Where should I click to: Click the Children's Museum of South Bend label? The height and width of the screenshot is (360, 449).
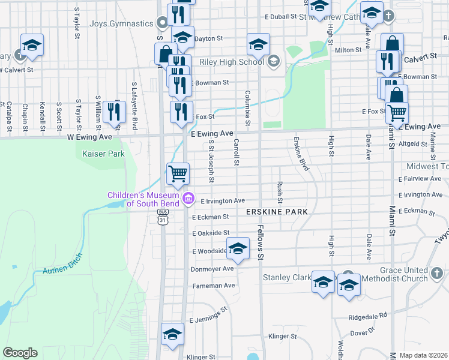click(144, 199)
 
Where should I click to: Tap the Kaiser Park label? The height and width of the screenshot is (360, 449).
click(103, 154)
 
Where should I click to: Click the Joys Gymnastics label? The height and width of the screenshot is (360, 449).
click(121, 24)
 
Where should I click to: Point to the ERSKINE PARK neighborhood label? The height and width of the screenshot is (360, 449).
click(277, 212)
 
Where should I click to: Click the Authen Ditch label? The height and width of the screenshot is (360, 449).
click(62, 263)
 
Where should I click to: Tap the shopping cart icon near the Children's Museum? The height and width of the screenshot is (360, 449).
click(178, 174)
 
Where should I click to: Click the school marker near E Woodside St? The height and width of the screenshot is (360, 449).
click(238, 250)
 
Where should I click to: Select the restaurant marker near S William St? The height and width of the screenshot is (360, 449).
click(112, 112)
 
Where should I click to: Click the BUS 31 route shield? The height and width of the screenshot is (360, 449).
click(163, 217)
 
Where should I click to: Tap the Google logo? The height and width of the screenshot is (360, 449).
click(20, 352)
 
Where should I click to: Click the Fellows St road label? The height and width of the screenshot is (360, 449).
click(261, 246)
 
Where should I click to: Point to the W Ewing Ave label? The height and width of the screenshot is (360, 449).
click(89, 137)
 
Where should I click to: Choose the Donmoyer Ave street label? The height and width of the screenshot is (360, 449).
click(212, 269)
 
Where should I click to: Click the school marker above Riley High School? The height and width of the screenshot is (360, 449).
click(259, 44)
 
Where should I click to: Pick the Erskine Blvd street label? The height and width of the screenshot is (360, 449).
click(301, 154)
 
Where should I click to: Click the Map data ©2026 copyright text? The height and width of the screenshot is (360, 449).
click(423, 355)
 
